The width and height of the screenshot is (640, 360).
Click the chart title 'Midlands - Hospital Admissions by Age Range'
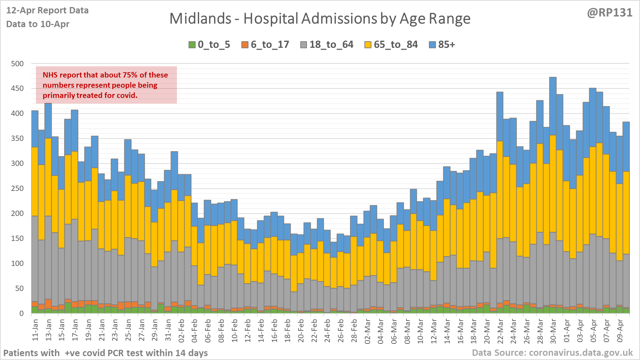click(320, 19)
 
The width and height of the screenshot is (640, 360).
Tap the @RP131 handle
click(610, 13)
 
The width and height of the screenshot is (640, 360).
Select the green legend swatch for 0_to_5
click(192, 45)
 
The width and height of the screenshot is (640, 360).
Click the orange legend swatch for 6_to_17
click(245, 45)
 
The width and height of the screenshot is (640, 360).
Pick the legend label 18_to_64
click(331, 45)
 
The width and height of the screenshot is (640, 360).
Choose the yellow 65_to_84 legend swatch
click(368, 45)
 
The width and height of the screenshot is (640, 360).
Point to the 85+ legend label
click(447, 45)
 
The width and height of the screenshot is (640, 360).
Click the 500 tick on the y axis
click(17, 64)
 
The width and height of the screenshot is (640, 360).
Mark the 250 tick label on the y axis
click(17, 188)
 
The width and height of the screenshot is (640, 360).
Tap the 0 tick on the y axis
click(21, 313)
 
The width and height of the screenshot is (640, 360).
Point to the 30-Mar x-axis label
click(553, 331)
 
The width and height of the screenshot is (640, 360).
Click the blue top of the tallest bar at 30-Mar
click(553, 106)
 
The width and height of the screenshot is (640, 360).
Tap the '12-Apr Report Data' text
click(47, 11)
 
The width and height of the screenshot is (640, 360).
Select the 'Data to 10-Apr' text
click(38, 24)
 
